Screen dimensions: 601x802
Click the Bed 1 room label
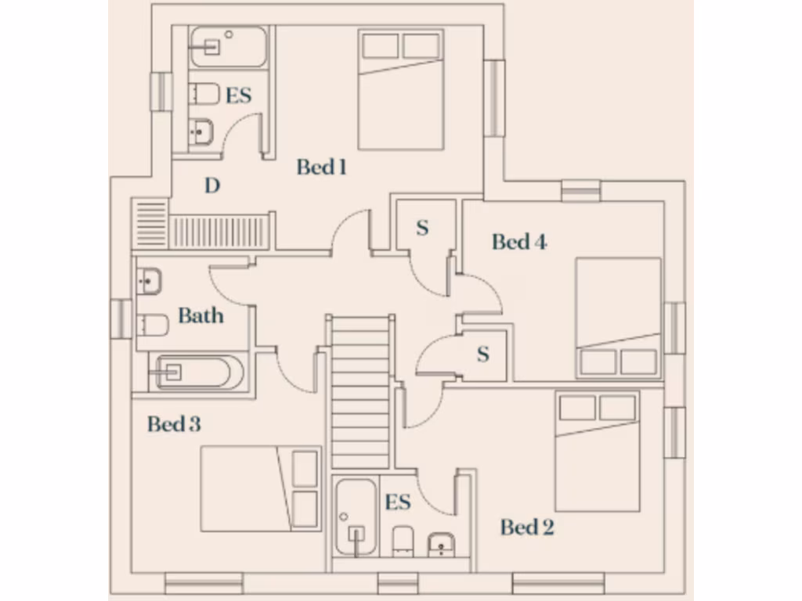point(321,167)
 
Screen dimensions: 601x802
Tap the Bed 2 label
point(527,527)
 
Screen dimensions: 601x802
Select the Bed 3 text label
point(174,424)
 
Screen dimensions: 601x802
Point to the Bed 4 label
point(519,242)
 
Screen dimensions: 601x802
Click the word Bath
point(200,316)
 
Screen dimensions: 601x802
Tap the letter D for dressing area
point(211,185)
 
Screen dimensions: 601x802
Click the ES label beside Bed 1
point(238,95)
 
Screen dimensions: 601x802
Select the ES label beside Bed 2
point(398,502)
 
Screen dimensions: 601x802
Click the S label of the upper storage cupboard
point(422,228)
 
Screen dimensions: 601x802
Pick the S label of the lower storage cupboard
point(483,354)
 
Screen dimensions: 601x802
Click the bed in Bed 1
point(401,89)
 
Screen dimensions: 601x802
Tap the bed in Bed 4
point(619,318)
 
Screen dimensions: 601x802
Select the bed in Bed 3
point(261,488)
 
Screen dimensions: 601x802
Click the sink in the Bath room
point(149,280)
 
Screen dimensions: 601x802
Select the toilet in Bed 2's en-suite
point(403,541)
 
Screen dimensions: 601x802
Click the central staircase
point(359,391)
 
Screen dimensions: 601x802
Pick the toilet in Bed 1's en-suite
point(204,94)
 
